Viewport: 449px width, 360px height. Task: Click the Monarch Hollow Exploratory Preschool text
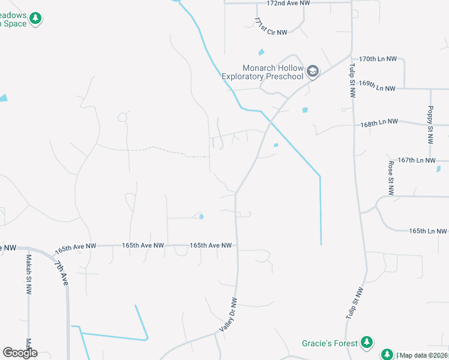coord(263,72)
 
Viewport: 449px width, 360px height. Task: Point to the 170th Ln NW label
coord(378,59)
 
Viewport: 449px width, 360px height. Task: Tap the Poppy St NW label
coord(430,125)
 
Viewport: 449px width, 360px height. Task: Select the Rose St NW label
coord(391,178)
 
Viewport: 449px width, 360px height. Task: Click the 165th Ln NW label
coord(427,231)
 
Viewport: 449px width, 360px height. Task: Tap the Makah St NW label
coord(28,274)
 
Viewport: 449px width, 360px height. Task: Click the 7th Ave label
coord(61,273)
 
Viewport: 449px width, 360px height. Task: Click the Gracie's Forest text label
coord(329,344)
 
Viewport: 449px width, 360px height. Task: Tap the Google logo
coord(20,353)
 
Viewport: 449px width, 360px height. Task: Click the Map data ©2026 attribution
coord(423,355)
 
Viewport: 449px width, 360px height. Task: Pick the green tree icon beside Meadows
coord(35,19)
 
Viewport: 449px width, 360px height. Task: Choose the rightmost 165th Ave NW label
coord(211,245)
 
